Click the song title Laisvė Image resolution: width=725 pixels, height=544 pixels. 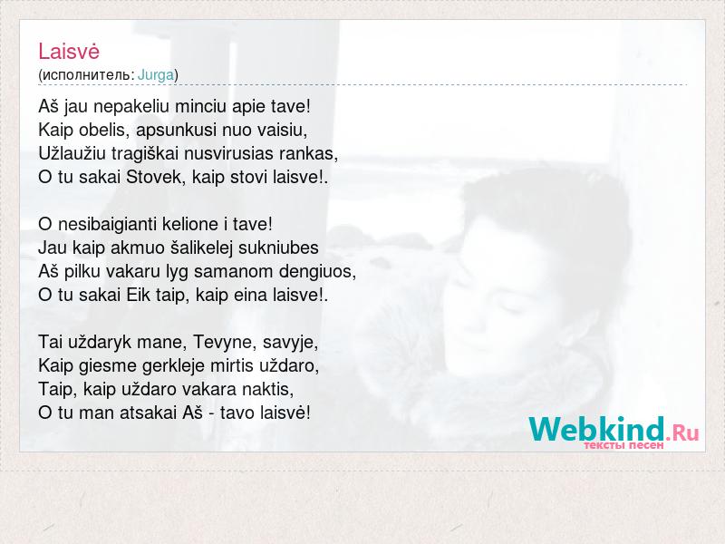[x=69, y=51]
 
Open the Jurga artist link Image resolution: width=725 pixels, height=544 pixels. [x=156, y=74]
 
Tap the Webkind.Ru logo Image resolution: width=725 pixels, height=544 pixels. [x=614, y=430]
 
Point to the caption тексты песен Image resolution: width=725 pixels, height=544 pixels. [x=623, y=445]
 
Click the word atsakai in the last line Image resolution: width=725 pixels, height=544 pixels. [x=149, y=413]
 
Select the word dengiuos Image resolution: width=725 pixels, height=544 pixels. [x=318, y=271]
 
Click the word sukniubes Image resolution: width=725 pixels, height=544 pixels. [x=278, y=248]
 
